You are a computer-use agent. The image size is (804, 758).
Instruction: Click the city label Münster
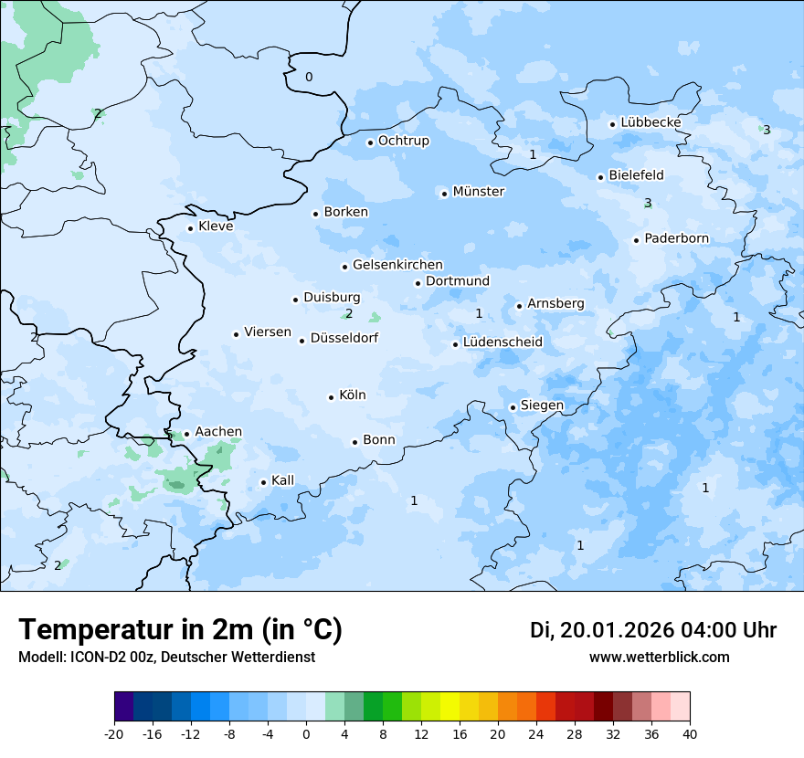coord(479,192)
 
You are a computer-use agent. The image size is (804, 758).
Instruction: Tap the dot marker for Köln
coord(332,397)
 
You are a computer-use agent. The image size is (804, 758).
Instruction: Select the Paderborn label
coord(676,239)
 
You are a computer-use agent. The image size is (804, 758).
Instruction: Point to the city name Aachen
coord(218,432)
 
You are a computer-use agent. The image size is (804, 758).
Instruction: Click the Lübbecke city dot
coord(613,124)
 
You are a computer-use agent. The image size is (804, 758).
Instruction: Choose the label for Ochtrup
coord(403,142)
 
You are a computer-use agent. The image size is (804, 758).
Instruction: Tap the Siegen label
coord(542,405)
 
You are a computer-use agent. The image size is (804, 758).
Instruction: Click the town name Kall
coord(282,480)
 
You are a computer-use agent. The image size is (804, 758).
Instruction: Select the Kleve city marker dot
coord(191,228)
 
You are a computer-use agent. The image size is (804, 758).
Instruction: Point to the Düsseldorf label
coord(344,339)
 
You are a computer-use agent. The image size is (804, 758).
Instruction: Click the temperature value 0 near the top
coord(309,77)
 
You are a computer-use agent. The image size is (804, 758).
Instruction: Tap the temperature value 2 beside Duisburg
coord(349,314)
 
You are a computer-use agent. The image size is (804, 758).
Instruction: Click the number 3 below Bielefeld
coord(648,203)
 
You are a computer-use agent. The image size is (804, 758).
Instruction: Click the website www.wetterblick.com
coord(659,658)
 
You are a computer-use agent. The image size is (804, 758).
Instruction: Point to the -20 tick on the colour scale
coord(114,734)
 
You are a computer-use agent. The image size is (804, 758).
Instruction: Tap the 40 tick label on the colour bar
coord(690,734)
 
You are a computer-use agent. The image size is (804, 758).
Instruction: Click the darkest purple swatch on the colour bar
coord(123,706)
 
